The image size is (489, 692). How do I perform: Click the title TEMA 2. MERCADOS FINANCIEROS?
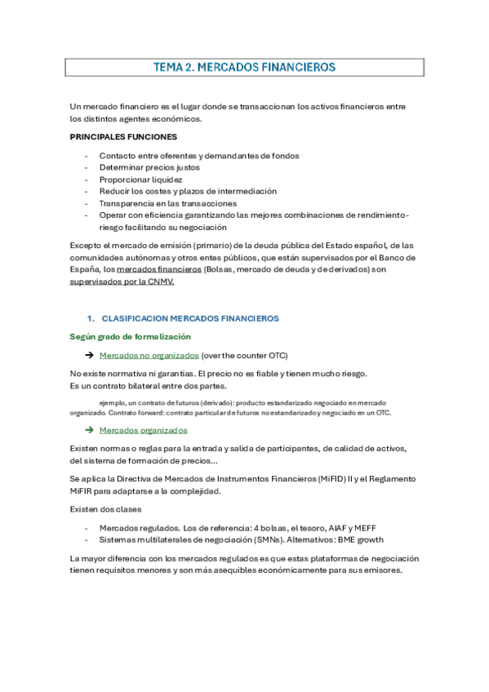click(244, 67)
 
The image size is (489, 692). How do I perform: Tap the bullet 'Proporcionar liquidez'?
click(140, 180)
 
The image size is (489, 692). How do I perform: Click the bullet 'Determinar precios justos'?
click(149, 167)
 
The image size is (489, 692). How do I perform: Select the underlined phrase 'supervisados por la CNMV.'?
click(123, 282)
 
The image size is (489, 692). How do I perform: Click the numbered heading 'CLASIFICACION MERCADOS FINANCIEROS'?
click(190, 318)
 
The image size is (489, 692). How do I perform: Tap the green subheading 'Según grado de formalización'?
click(131, 336)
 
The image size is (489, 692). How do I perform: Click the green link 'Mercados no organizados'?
click(149, 356)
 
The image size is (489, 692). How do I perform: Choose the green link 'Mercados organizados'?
click(143, 430)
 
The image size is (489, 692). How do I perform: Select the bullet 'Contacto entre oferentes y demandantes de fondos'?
click(199, 156)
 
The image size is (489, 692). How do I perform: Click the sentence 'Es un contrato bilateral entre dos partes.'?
click(149, 386)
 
